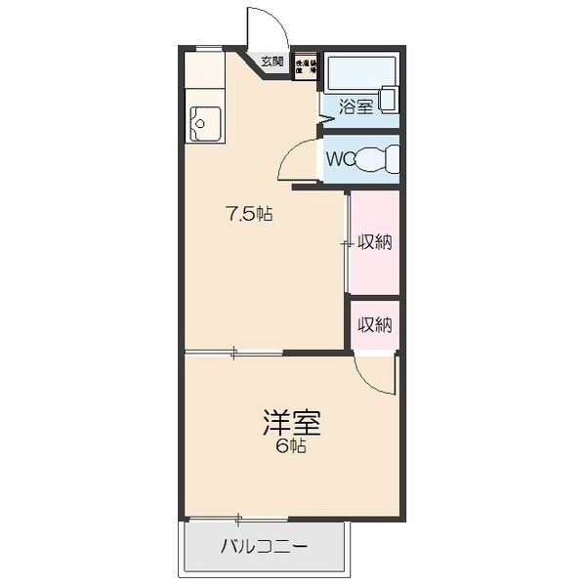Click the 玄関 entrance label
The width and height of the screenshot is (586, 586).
[x=272, y=62]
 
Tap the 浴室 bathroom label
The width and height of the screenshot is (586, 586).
[x=356, y=106]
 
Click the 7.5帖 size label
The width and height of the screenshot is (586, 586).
[x=249, y=215]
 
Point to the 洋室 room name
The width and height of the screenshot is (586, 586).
[x=291, y=423]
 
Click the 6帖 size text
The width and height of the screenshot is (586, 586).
[x=291, y=447]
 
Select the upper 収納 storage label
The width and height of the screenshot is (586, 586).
[x=374, y=242]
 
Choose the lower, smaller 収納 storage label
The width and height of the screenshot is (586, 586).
[x=374, y=325]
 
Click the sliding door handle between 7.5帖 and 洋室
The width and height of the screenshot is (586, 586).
[x=233, y=354]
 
